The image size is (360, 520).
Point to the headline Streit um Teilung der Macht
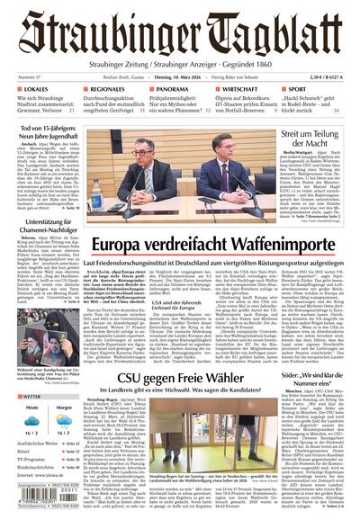313,139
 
